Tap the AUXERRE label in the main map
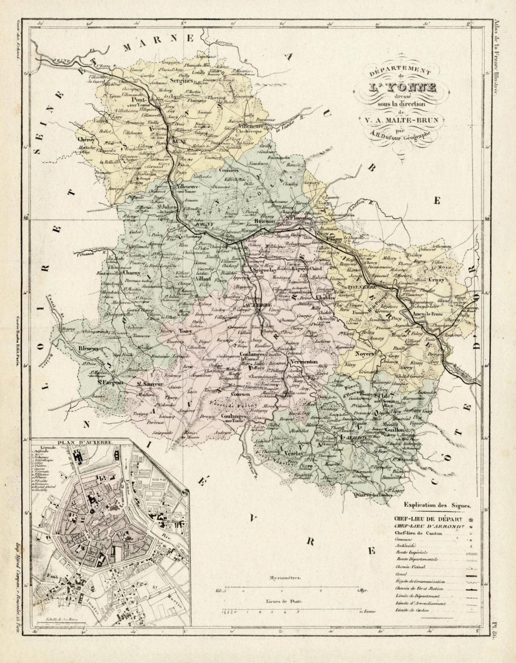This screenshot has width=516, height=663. coord(260,304)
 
